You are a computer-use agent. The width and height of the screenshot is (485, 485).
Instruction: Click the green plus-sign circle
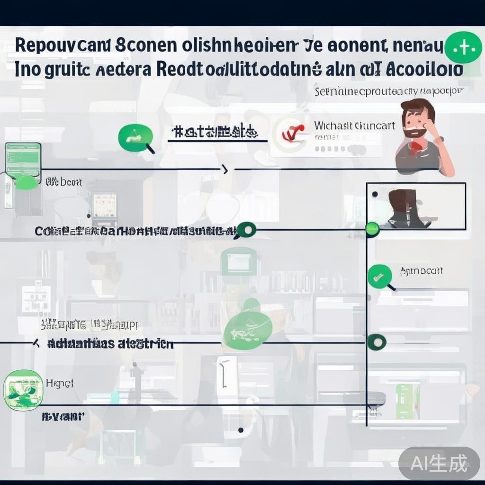pos(464,47)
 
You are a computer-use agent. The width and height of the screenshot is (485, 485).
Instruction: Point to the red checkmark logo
pos(290,134)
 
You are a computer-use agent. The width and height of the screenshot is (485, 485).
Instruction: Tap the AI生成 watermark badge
pos(439,463)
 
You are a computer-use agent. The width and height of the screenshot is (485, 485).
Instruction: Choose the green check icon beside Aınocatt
pos(379,276)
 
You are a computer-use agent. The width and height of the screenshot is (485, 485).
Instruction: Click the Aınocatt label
pos(421,271)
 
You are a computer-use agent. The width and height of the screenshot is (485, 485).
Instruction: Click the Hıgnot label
pos(59,383)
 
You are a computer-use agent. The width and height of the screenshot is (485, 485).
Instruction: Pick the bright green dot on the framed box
pos(373,230)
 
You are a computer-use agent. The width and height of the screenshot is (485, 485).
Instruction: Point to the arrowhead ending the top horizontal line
pos(225,169)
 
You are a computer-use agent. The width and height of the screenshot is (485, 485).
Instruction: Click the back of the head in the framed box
pos(402,202)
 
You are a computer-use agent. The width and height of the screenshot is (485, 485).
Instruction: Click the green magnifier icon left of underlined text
pos(134,138)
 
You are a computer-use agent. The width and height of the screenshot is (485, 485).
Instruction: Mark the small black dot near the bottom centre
pos(241,430)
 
